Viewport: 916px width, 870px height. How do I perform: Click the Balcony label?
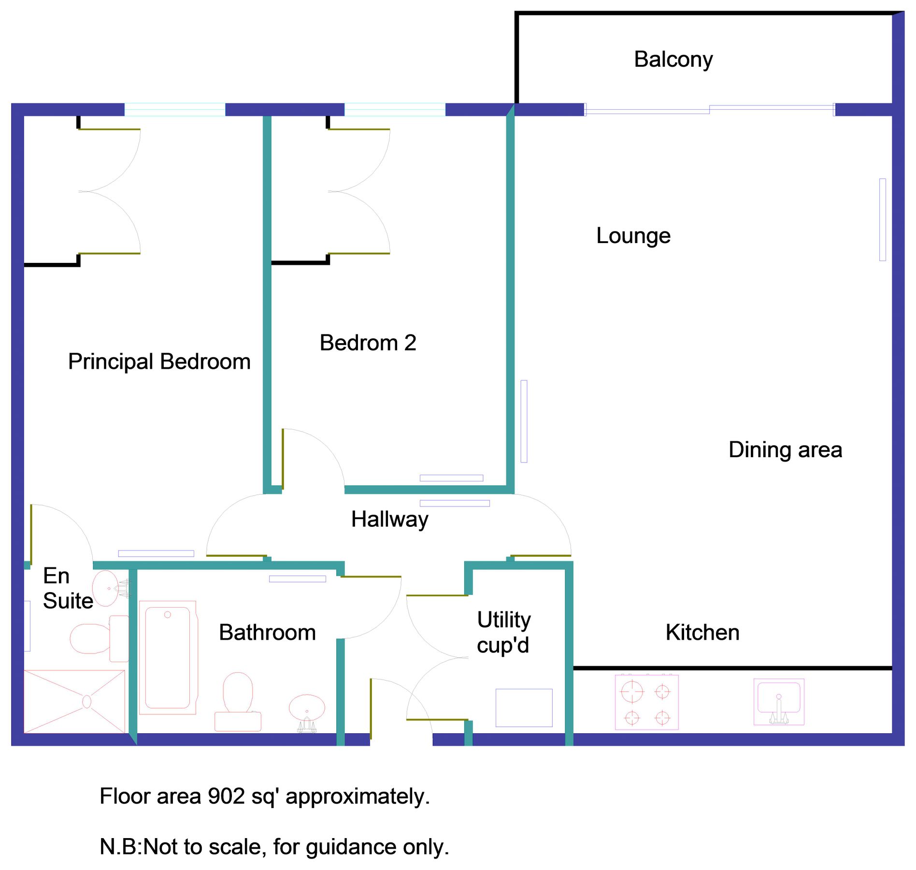673,59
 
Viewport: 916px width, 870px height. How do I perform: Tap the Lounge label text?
633,236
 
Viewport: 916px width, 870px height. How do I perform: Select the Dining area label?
785,449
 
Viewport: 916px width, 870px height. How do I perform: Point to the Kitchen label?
702,632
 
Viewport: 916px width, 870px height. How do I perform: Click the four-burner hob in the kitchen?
646,702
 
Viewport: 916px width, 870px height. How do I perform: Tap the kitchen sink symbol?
778,701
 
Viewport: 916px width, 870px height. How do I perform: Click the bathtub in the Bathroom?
168,657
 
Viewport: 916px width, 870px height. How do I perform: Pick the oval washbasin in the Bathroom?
307,709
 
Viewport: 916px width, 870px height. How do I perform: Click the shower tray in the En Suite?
74,701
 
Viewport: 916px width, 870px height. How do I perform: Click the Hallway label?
389,520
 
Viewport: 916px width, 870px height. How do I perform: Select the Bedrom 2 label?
368,343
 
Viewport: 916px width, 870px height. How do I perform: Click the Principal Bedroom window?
175,110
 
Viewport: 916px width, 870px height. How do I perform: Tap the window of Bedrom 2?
394,110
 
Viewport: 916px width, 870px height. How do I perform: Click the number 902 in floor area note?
227,796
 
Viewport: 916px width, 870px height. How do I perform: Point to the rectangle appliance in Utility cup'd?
524,707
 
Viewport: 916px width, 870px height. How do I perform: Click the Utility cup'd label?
503,632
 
